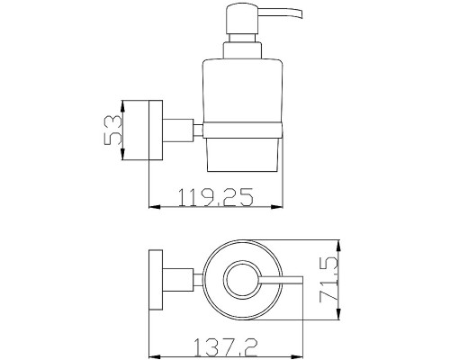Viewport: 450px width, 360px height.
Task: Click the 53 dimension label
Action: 112,130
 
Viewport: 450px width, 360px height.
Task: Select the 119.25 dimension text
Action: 216,197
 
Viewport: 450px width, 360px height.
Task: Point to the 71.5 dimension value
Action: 328,280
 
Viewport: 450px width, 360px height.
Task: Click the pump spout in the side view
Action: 281,13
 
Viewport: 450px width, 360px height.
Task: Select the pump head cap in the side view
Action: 242,19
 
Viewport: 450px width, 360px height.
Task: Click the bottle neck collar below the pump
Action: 242,50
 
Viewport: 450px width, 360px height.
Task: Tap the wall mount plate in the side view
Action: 156,130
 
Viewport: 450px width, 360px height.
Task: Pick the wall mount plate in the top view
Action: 156,280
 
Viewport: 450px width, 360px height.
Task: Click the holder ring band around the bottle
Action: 242,130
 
